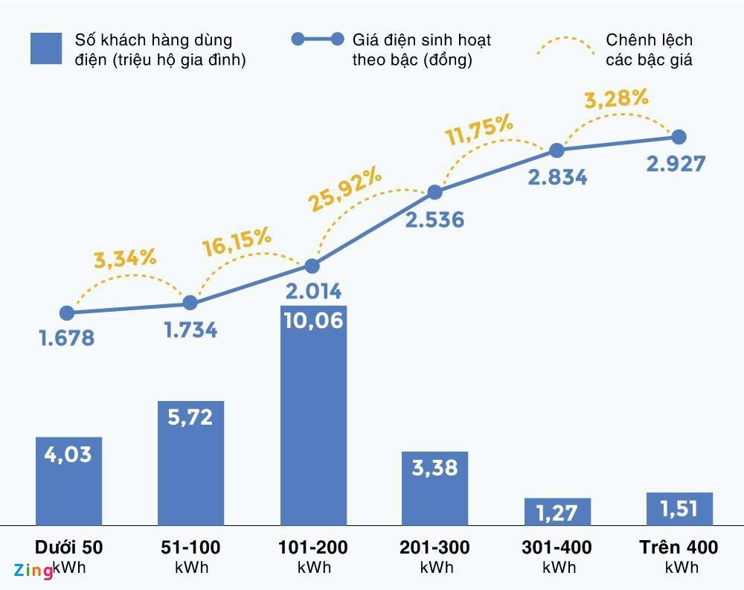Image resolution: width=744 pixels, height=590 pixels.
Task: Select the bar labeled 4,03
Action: point(68,481)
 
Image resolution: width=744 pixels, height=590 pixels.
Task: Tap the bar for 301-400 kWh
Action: point(557,512)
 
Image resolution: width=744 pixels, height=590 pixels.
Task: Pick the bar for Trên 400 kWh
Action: point(679,509)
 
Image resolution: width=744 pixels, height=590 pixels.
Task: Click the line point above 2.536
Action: point(435,193)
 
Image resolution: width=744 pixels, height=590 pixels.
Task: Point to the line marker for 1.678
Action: point(67,313)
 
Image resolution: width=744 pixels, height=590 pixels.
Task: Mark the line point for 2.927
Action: point(679,137)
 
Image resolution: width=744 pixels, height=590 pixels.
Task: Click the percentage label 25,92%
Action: point(345,190)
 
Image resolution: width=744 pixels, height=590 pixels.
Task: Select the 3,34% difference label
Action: point(125,258)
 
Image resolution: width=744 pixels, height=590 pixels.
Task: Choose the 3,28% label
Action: point(616,99)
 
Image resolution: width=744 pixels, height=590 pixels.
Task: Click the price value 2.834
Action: point(557,177)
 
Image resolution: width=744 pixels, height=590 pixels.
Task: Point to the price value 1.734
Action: point(190,330)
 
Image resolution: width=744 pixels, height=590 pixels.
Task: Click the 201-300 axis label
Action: point(435,548)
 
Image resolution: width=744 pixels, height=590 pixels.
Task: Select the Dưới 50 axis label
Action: point(68,548)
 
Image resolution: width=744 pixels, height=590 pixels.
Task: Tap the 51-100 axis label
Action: point(190,548)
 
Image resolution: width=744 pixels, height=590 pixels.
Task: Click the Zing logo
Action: point(33,571)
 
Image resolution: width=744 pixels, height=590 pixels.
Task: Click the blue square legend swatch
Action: point(46,48)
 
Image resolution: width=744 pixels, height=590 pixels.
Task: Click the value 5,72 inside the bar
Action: point(190,417)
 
